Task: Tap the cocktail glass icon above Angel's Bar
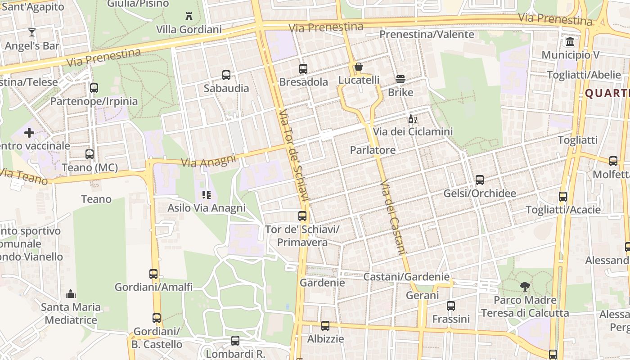click(x=32, y=32)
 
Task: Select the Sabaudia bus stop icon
click(x=226, y=75)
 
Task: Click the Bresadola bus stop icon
click(x=303, y=69)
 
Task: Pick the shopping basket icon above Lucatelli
click(x=359, y=67)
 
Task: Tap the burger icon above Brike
click(x=400, y=79)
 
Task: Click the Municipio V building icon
click(x=571, y=42)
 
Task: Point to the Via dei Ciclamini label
click(x=413, y=132)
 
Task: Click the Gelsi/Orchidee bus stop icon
click(x=480, y=180)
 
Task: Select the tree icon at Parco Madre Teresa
click(x=525, y=286)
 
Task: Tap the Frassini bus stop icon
click(x=451, y=306)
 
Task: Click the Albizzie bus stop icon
click(x=325, y=326)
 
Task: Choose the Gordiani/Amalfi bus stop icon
click(x=153, y=274)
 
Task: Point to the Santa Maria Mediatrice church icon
click(x=71, y=294)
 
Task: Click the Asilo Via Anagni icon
click(x=207, y=195)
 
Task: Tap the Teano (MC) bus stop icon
click(x=90, y=154)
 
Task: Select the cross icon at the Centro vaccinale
click(x=29, y=133)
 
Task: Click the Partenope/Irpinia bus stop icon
click(x=94, y=88)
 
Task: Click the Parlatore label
click(x=373, y=150)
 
